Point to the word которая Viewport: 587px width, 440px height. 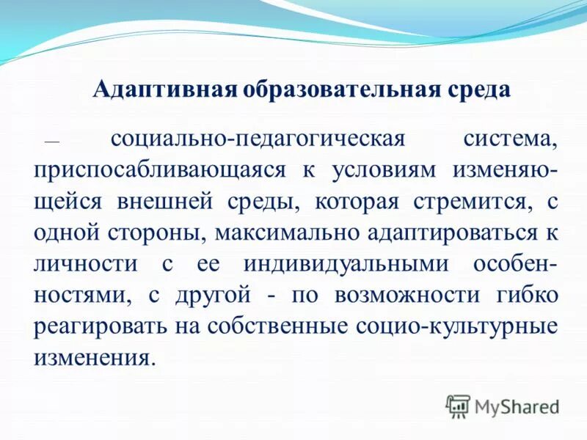(355, 201)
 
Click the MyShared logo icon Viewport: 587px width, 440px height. (459, 405)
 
